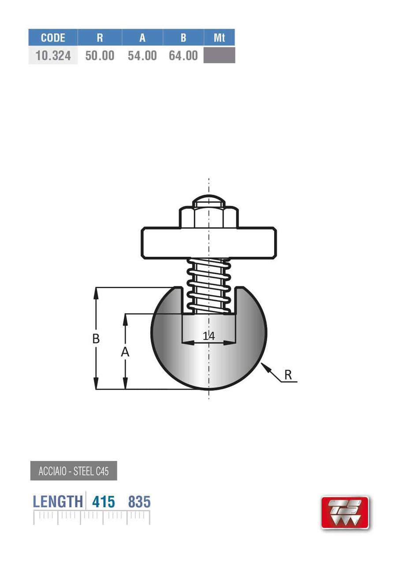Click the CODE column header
pos(53,37)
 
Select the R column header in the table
pos(100,37)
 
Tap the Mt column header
pos(219,37)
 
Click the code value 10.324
pos(53,56)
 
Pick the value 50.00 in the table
pos(100,56)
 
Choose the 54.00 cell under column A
pos(142,56)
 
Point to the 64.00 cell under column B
pos(183,56)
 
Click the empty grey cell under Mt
pos(219,56)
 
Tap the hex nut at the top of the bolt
pos(209,217)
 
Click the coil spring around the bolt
pos(209,285)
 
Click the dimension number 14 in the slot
pos(209,336)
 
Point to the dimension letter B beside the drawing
pos(96,339)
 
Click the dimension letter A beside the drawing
pos(125,352)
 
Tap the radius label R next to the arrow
pos(288,375)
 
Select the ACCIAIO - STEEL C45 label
pos(74,471)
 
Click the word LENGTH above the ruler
pos(58,502)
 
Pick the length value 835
pos(139,502)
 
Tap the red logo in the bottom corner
pos(345,512)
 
